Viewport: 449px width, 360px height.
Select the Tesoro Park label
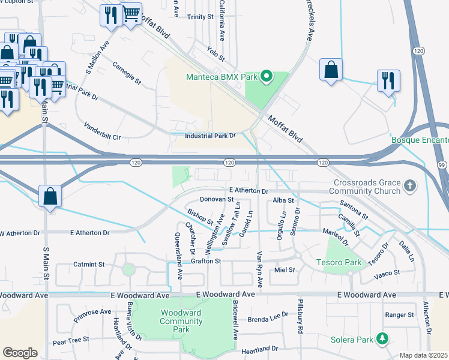(339, 262)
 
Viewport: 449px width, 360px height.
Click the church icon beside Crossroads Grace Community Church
(410, 185)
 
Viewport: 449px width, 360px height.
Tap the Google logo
(20, 352)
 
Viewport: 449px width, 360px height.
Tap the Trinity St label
(200, 17)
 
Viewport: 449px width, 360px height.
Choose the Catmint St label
(89, 264)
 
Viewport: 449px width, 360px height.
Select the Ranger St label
(400, 314)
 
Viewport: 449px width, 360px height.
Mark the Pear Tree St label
(71, 340)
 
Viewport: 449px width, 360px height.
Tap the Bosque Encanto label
(420, 140)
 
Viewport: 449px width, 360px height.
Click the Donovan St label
(216, 199)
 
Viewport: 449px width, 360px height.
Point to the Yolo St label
(215, 55)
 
